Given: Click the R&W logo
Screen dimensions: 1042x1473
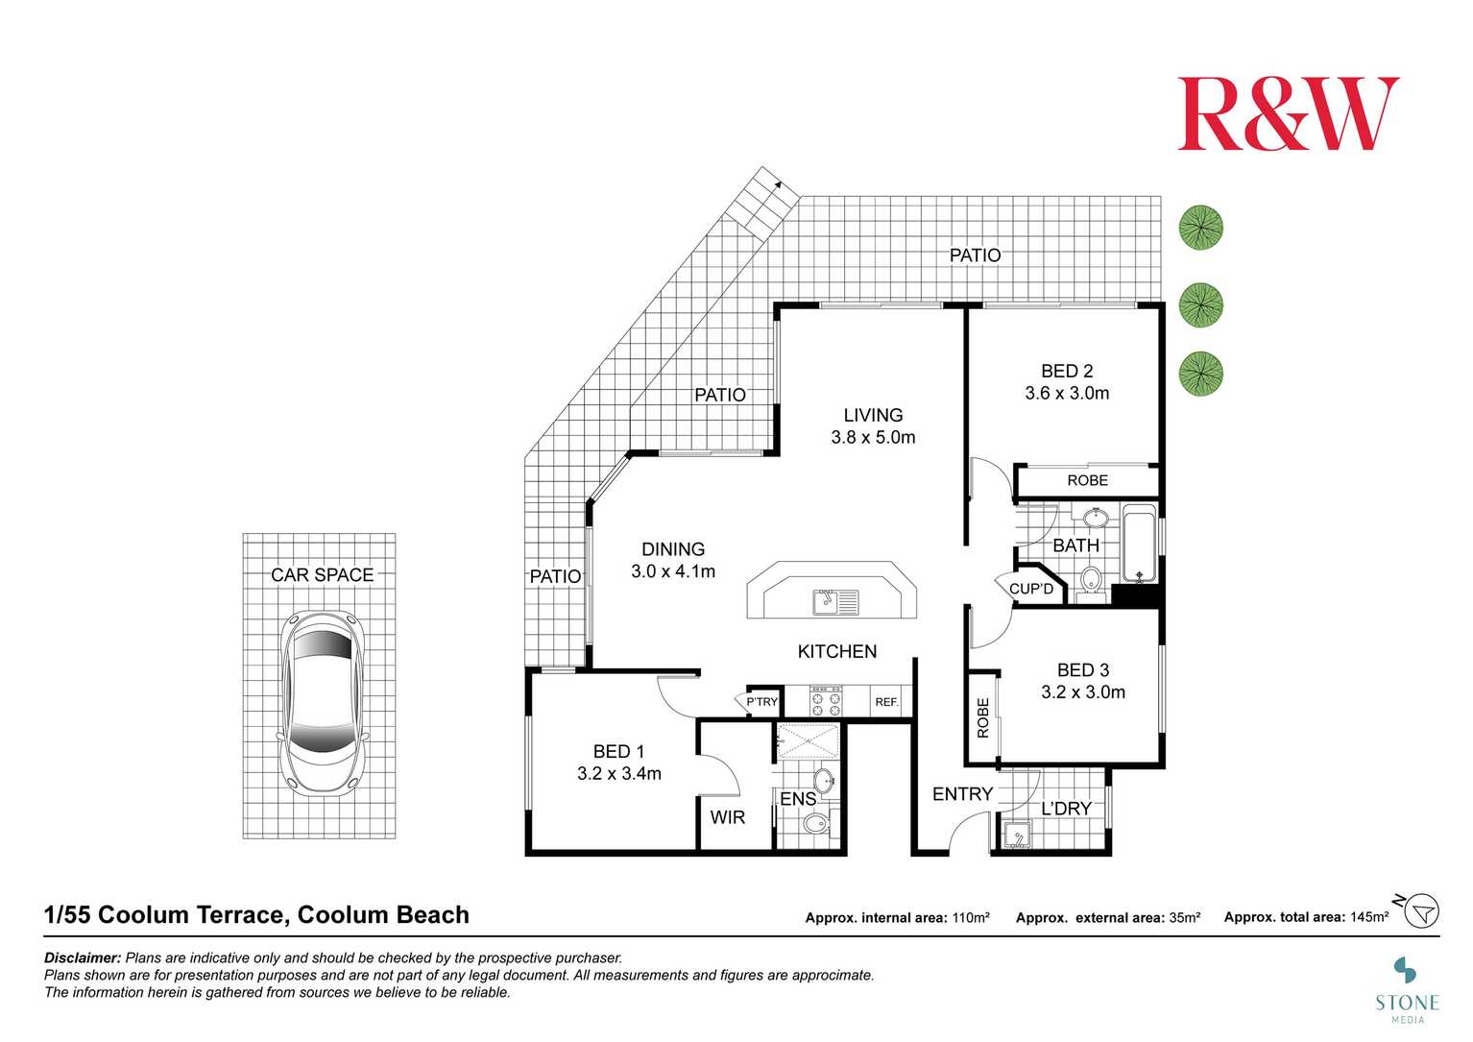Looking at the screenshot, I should [1288, 114].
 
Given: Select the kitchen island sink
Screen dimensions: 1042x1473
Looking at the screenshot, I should [835, 602].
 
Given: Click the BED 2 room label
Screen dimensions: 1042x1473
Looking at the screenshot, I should [1067, 372].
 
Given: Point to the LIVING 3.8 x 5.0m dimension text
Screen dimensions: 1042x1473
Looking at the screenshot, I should [873, 438].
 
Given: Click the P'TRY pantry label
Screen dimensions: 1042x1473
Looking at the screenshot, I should [761, 702].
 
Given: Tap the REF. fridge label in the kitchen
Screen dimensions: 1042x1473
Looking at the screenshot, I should [886, 702].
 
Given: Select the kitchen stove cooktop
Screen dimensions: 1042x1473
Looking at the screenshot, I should [825, 702].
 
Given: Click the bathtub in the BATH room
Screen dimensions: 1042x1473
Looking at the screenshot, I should [1139, 544].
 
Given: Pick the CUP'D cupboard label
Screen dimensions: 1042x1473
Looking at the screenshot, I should [1031, 589].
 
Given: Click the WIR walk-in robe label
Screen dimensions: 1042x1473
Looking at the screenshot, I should [728, 817].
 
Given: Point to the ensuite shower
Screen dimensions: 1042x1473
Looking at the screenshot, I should [808, 740].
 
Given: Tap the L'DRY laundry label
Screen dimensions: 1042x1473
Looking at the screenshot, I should [1067, 809].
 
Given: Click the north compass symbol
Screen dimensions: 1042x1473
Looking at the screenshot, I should [1421, 909].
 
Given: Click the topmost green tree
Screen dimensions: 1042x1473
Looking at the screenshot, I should [1200, 229].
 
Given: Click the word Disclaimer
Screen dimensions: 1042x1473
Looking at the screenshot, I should [83, 957].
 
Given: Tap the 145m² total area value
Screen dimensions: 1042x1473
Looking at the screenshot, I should [1368, 917].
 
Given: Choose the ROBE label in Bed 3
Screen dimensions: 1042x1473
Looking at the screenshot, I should [983, 717].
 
